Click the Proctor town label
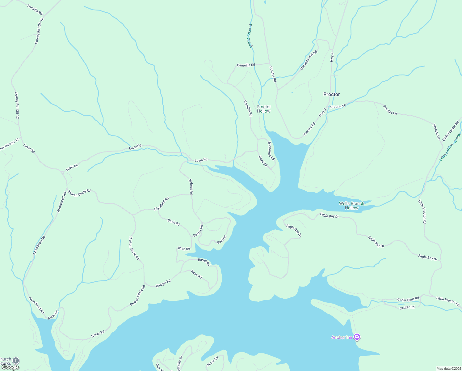point(331,94)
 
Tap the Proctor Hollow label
point(263,109)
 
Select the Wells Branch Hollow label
point(351,206)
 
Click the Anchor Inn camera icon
point(357,337)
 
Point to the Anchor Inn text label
point(342,337)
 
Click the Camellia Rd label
point(246,65)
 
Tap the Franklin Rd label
point(35,10)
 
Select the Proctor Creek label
point(250,36)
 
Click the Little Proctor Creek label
point(450,147)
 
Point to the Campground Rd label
point(309,60)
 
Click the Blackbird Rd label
point(162,204)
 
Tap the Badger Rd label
point(163,284)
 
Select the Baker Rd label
point(98,334)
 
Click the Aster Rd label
point(53,315)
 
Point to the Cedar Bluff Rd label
point(408,300)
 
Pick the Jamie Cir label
point(212,361)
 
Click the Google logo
point(10,367)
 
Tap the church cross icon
point(16,360)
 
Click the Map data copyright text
point(448,369)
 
